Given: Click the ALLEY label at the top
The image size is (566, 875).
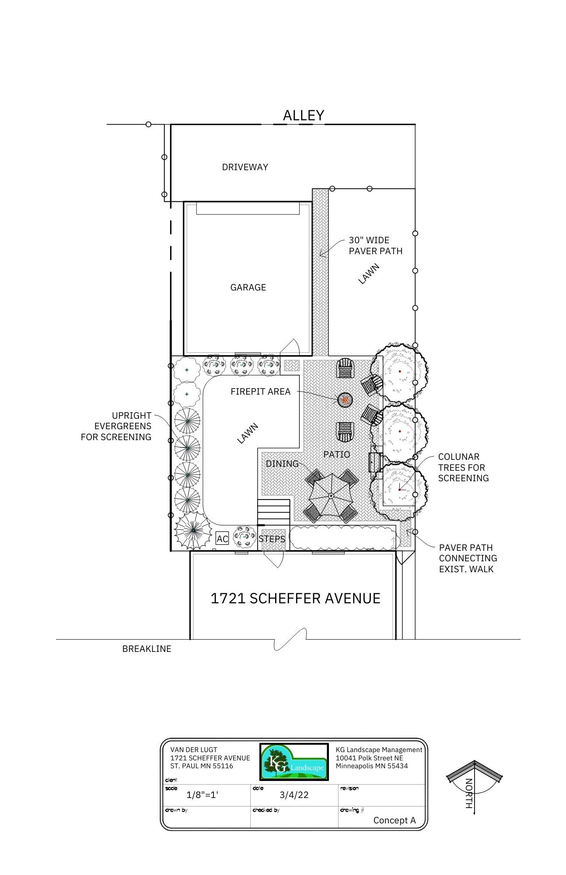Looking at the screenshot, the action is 303,115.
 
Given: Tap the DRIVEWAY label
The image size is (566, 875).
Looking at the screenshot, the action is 245,167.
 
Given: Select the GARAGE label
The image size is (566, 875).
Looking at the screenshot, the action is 248,287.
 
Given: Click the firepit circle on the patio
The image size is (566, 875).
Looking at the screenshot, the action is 345,399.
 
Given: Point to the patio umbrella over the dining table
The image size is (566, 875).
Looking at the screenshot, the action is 331,496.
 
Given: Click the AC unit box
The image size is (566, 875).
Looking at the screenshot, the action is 222,539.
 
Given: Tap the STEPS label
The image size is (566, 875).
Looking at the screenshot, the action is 272,539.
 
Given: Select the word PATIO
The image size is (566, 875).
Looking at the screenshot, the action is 337,455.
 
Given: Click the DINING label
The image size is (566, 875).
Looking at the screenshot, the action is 282,464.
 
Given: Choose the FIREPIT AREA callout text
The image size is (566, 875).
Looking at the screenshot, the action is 261,392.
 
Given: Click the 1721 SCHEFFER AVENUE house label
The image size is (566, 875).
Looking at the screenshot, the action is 295,598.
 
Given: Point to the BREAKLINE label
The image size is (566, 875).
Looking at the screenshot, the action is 147,649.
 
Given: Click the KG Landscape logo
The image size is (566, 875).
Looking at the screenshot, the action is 294,762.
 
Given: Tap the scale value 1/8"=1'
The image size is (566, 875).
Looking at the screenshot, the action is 202,795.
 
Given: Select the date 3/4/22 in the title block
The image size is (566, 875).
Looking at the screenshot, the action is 294,795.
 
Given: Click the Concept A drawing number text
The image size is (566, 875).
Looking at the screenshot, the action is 395,820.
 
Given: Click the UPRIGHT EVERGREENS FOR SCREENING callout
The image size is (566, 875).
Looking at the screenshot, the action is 116,426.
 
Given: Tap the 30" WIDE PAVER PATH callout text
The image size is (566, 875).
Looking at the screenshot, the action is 375,245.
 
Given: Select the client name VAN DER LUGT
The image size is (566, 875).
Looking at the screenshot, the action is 194,749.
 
